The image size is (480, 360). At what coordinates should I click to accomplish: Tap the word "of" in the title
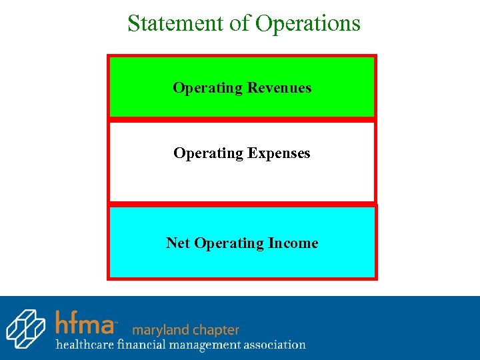(x=241, y=23)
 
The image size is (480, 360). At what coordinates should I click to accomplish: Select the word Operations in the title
(x=308, y=24)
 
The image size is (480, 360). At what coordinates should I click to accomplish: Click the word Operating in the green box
(x=207, y=88)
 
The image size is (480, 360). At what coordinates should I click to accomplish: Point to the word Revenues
(x=279, y=88)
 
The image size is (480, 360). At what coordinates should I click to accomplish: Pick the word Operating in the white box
(x=208, y=153)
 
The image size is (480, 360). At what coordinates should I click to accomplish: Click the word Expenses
(x=279, y=153)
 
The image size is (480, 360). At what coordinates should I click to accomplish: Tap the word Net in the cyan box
(x=178, y=243)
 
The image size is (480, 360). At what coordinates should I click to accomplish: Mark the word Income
(x=293, y=243)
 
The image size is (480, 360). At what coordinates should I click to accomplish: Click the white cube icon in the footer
(x=25, y=329)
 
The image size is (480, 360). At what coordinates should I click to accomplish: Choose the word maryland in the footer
(x=160, y=329)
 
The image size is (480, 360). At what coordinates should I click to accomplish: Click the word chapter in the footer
(x=215, y=330)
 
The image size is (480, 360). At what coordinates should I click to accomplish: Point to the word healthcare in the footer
(x=84, y=345)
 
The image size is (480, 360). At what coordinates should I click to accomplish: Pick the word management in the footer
(x=203, y=345)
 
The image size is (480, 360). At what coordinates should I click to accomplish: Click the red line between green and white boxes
(x=242, y=119)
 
